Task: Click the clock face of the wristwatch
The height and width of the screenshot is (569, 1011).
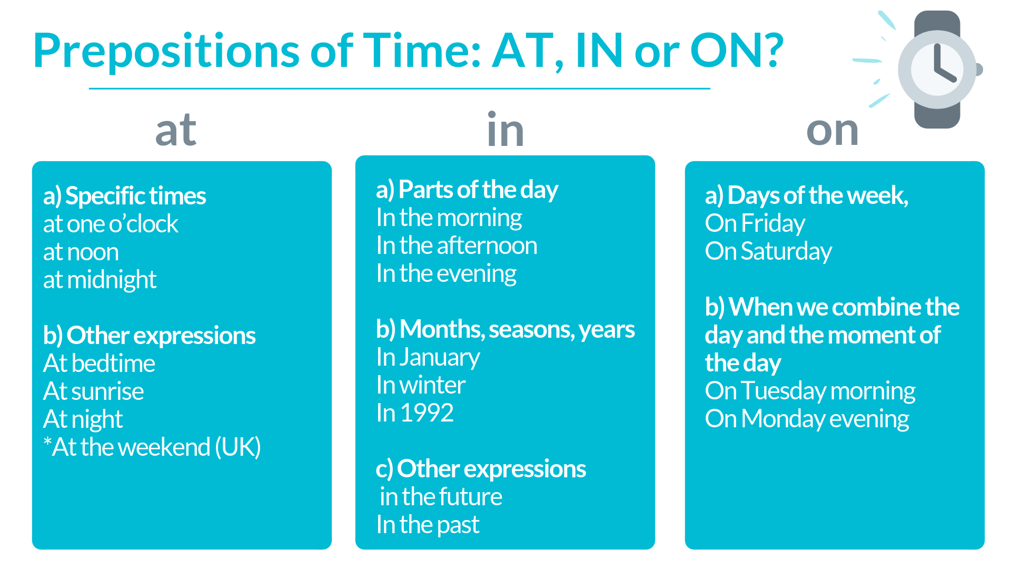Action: (937, 70)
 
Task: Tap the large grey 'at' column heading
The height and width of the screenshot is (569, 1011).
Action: (176, 130)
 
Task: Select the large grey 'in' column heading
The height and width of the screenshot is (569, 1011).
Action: (505, 130)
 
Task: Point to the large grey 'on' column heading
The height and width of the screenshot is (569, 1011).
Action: (832, 130)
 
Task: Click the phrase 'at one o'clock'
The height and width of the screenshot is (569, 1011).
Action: (111, 224)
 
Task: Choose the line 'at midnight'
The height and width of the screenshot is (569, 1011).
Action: (100, 280)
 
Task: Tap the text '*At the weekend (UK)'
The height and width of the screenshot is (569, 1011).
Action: (152, 447)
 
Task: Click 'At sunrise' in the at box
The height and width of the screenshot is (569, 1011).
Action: (93, 391)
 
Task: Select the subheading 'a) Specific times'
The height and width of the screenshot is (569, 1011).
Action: (124, 196)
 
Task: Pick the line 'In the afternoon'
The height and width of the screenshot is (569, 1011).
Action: (457, 246)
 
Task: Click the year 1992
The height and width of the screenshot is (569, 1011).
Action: (427, 413)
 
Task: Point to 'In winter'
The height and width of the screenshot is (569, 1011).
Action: (420, 385)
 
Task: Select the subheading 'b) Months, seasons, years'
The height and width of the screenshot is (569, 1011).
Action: (505, 329)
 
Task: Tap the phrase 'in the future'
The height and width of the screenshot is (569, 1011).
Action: (441, 497)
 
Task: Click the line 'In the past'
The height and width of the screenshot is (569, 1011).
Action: (428, 525)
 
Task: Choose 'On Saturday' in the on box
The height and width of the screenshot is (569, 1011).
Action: (768, 251)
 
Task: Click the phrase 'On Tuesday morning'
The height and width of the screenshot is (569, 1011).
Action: (810, 391)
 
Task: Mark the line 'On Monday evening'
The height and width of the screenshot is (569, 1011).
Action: (807, 419)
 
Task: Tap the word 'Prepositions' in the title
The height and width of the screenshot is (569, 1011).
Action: (166, 52)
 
